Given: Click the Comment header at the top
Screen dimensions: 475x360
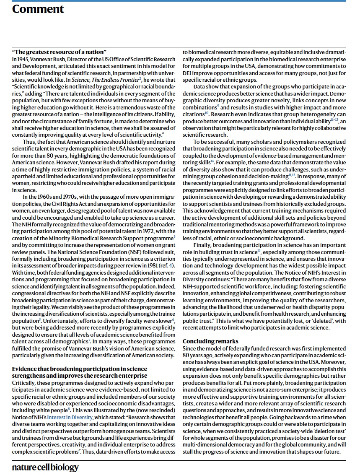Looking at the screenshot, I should (x=38, y=9).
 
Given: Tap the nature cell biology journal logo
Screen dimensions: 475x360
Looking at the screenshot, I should (x=45, y=467).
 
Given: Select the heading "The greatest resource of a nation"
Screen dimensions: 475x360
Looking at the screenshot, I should (x=59, y=52).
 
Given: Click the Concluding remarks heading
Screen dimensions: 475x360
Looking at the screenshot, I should (x=210, y=341).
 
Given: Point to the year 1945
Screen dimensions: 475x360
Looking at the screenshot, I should (x=23, y=59).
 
